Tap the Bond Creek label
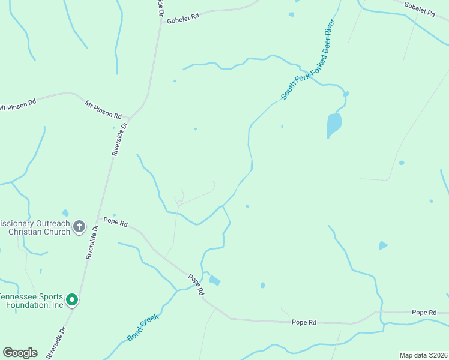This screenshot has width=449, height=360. [x=143, y=327]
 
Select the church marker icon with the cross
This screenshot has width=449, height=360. [x=79, y=227]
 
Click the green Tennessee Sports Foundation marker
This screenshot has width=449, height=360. [x=72, y=299]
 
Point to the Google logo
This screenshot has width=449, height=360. [x=20, y=353]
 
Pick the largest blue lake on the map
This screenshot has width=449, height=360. [x=334, y=125]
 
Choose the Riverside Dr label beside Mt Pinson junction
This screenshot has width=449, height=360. [x=119, y=140]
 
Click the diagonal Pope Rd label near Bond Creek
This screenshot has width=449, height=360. [x=196, y=283]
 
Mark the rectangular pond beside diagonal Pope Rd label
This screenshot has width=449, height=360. [x=214, y=280]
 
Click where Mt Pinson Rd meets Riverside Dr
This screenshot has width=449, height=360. [x=131, y=118]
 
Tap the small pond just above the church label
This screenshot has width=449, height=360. [x=65, y=213]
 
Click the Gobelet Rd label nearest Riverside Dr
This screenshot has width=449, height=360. [x=182, y=18]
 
